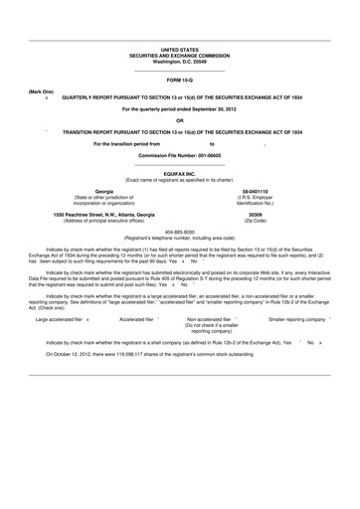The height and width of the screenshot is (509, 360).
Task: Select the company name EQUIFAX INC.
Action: pos(179,170)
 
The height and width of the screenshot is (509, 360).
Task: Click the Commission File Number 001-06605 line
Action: pos(179,157)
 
